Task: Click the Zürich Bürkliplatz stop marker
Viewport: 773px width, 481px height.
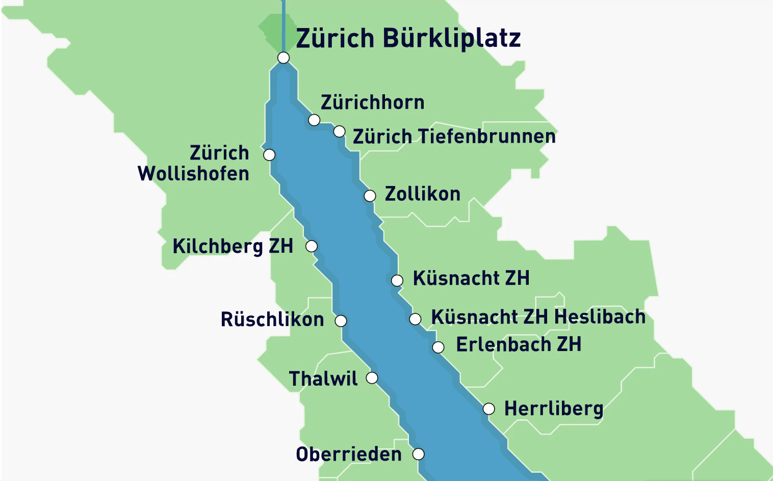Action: [x=284, y=58]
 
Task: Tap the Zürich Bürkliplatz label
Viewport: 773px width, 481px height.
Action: [x=408, y=38]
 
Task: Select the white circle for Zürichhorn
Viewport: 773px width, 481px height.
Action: [x=314, y=120]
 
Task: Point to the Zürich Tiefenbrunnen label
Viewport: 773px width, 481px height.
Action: [x=454, y=137]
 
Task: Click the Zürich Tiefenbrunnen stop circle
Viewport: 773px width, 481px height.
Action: [x=339, y=132]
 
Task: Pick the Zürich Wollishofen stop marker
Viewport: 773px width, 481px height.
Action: [x=269, y=155]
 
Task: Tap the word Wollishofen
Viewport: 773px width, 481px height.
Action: [x=193, y=174]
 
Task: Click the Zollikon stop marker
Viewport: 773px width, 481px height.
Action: [x=370, y=196]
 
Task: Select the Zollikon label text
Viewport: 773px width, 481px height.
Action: [x=422, y=194]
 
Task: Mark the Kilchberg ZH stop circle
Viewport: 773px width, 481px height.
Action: [x=311, y=247]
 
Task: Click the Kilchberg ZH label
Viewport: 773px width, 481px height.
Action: [x=233, y=246]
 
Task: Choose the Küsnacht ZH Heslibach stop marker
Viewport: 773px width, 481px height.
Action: [x=415, y=319]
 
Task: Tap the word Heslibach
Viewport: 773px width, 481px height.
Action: [x=600, y=317]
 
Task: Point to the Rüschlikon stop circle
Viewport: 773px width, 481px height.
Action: [x=341, y=321]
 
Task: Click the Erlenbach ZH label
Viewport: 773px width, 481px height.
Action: [x=519, y=344]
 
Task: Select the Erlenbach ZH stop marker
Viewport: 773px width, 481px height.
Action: [x=438, y=348]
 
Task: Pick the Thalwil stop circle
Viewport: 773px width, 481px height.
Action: [x=372, y=378]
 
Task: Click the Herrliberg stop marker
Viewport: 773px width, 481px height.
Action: [x=488, y=409]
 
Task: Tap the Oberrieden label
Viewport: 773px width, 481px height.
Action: [x=349, y=454]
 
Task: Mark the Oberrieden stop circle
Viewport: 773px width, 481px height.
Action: [x=418, y=454]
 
